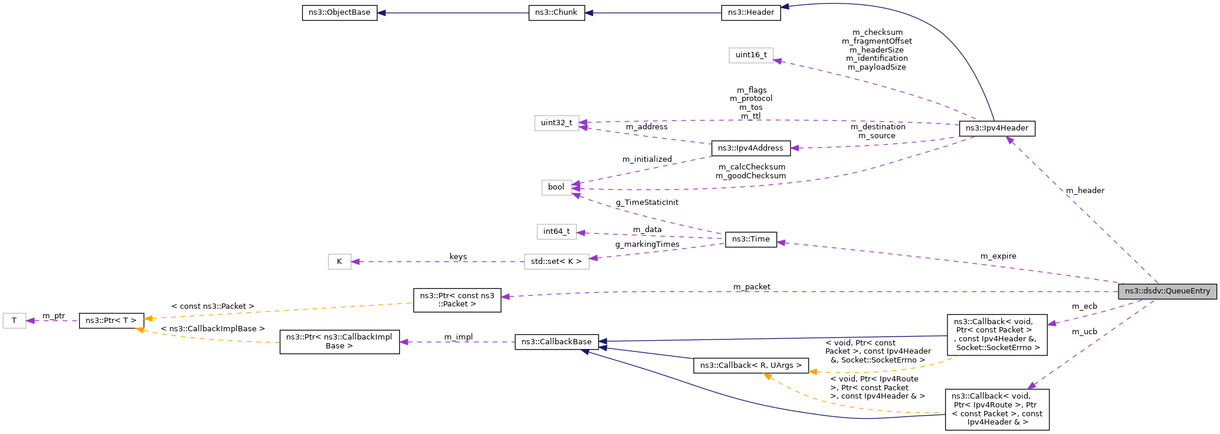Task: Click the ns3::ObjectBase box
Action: pos(339,12)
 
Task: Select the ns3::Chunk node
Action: pos(556,12)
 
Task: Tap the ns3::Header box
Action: pos(750,12)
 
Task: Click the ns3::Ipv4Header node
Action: pos(996,128)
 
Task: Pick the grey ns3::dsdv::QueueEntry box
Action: pos(1166,291)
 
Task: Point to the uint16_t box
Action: pos(750,55)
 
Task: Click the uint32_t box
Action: pos(556,123)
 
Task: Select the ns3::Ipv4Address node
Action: pos(750,148)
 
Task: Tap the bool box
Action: pos(556,187)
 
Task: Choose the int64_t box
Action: pos(556,231)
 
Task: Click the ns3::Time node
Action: pos(750,239)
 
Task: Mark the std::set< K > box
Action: pos(556,262)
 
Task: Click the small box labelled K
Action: pos(339,262)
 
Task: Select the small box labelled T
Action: pos(14,321)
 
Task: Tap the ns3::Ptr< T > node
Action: pos(111,321)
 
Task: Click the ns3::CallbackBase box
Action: pos(556,342)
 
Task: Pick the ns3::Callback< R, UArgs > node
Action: pos(750,366)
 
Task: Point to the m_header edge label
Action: pos(1084,191)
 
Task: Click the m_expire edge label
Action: pos(998,256)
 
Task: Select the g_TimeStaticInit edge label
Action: pos(647,203)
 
